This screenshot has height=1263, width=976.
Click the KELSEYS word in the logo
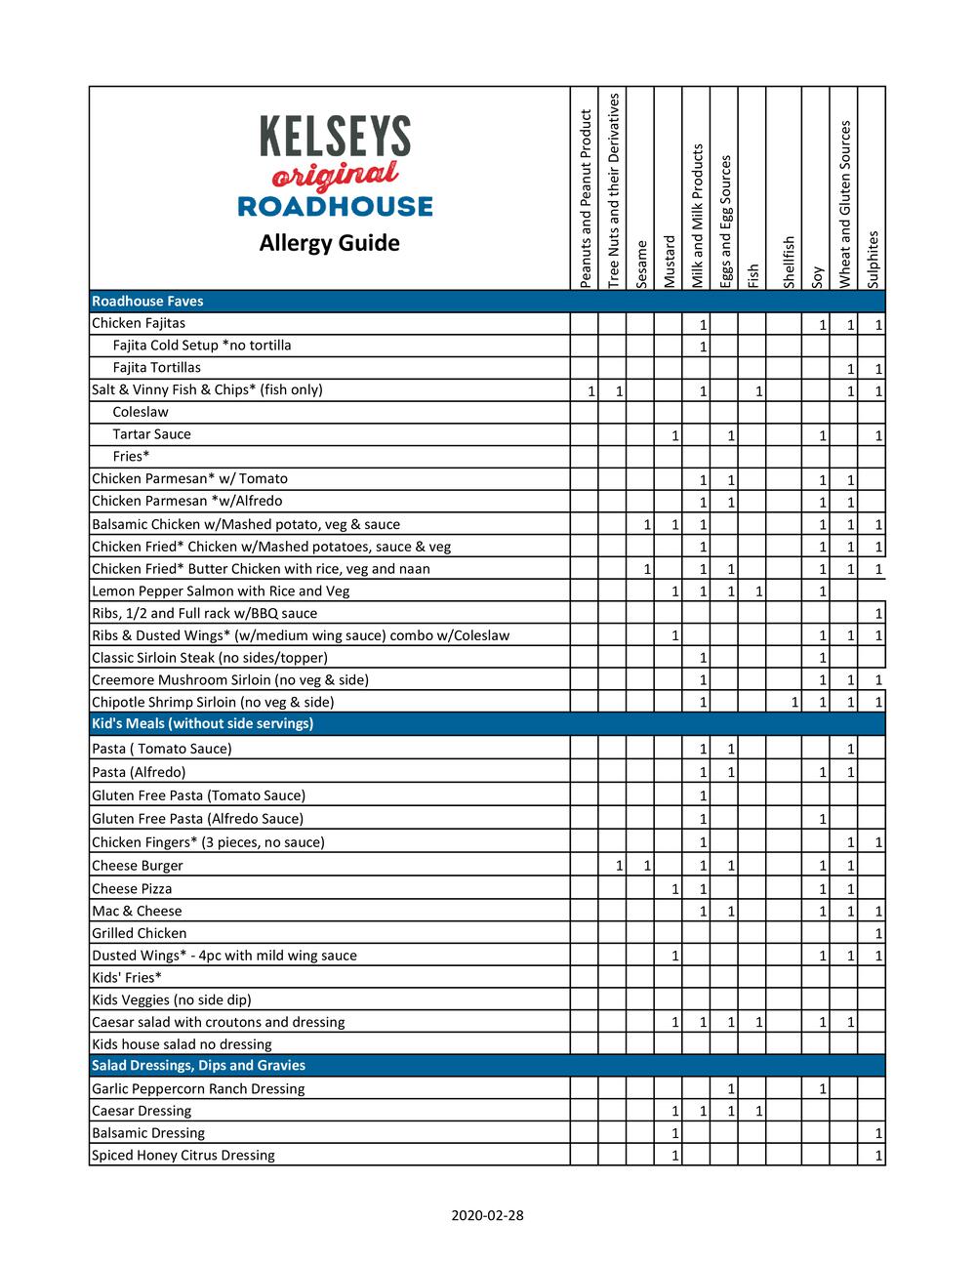click(335, 137)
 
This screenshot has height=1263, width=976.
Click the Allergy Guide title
click(329, 243)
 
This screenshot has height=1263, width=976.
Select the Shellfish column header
click(789, 262)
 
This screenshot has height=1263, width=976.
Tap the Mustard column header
click(670, 261)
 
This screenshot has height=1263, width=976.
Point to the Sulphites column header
click(873, 259)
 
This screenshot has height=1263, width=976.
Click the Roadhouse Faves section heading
click(147, 302)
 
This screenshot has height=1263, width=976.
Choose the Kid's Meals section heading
click(202, 723)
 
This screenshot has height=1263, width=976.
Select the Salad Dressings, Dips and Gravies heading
click(198, 1065)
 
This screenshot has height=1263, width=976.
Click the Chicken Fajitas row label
click(139, 323)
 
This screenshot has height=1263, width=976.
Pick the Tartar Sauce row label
click(151, 434)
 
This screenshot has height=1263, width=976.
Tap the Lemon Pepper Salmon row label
click(221, 591)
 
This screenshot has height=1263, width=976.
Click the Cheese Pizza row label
click(132, 888)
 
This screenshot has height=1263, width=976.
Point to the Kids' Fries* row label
click(127, 977)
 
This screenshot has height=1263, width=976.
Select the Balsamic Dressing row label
click(148, 1133)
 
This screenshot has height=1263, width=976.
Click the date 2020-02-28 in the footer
click(487, 1215)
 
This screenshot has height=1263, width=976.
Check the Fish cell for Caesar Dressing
click(752, 1111)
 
